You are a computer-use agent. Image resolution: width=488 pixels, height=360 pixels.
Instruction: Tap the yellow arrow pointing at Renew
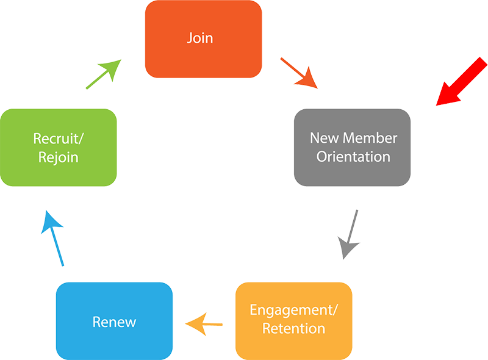[x=204, y=322]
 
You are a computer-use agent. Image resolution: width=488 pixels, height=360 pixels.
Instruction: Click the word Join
[x=199, y=38]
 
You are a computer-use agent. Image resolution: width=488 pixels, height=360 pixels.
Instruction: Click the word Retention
[x=293, y=329]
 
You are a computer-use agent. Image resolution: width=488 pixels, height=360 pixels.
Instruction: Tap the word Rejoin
[x=58, y=157]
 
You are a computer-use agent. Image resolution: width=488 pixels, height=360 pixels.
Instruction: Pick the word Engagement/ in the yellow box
[x=293, y=310]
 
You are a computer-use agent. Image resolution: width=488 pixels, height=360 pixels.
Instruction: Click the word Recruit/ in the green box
[x=58, y=138]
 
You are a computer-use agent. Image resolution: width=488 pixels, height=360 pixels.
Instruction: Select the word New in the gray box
[x=324, y=138]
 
